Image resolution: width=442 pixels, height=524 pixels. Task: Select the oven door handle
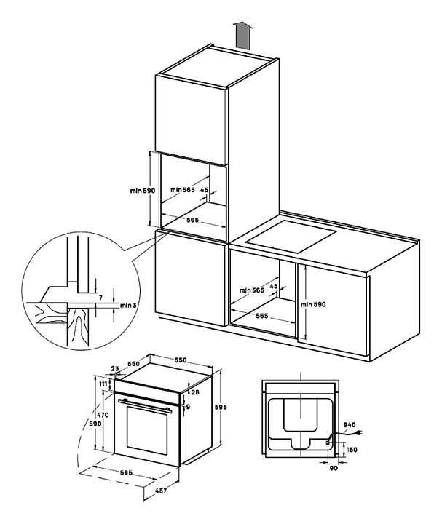[x=145, y=402]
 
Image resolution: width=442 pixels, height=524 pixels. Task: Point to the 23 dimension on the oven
[x=116, y=370]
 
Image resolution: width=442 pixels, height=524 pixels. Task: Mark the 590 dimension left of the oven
[x=95, y=423]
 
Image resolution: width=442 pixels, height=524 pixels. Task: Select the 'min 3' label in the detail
[x=127, y=306]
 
